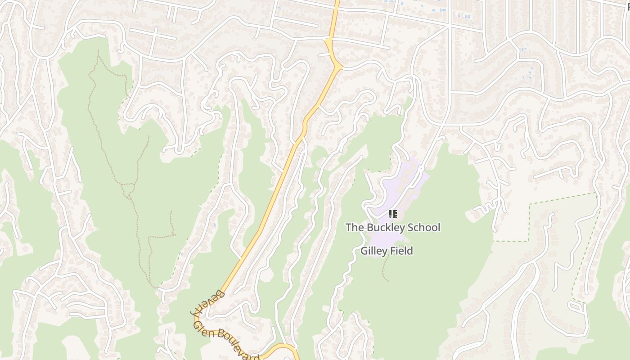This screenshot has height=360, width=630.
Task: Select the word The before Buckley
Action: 355,227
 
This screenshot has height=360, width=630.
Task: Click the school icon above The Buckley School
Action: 392,214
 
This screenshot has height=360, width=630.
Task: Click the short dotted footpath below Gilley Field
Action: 385,270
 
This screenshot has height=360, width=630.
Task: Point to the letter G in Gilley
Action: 364,251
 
